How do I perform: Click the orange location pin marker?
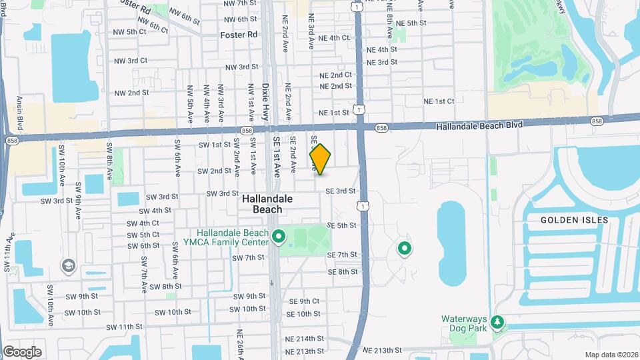pyautogui.click(x=320, y=159)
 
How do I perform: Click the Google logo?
pyautogui.click(x=22, y=351)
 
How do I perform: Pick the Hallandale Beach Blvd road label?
pyautogui.click(x=479, y=125)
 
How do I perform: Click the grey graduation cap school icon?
pyautogui.click(x=67, y=266)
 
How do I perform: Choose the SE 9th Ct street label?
pyautogui.click(x=305, y=301)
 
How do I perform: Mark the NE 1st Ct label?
pyautogui.click(x=439, y=101)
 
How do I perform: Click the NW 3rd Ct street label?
pyautogui.click(x=130, y=61)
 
